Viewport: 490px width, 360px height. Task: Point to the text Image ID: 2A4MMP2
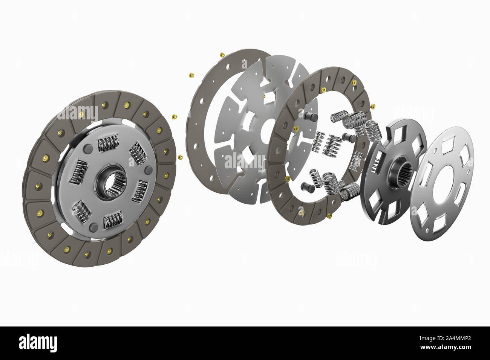(445, 338)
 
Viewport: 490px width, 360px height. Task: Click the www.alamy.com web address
(446, 347)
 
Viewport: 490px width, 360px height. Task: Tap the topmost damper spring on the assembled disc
(108, 143)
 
